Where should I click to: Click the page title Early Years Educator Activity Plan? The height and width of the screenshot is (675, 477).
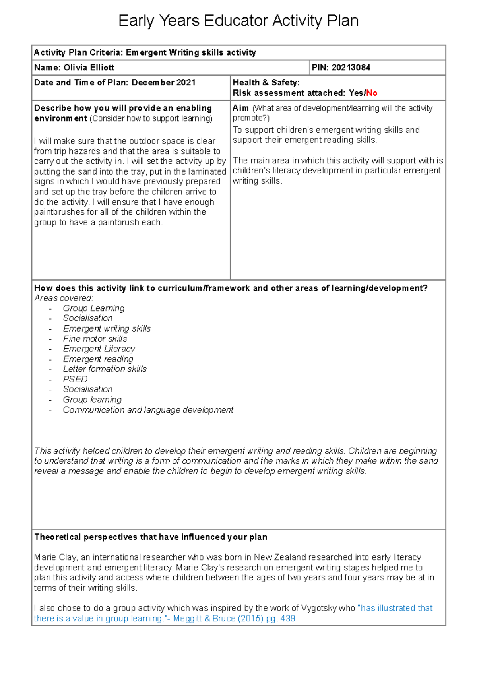click(x=238, y=21)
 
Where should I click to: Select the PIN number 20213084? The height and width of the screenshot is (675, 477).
click(x=351, y=68)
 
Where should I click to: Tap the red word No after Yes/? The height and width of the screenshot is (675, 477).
click(x=372, y=93)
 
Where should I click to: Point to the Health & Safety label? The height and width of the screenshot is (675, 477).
click(x=266, y=83)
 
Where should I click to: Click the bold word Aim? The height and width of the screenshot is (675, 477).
click(x=240, y=108)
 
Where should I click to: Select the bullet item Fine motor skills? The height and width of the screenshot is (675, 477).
click(x=95, y=339)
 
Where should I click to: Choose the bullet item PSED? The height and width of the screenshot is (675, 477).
click(x=75, y=379)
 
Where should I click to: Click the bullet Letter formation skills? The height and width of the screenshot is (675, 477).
click(x=105, y=369)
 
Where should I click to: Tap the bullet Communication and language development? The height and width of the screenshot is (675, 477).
click(x=148, y=410)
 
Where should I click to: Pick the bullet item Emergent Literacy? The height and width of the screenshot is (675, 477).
click(x=99, y=349)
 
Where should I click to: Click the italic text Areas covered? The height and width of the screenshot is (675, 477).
click(x=64, y=298)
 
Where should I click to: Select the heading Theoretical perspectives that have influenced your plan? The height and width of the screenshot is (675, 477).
click(x=151, y=537)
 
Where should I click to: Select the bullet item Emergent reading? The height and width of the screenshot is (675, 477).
click(x=98, y=359)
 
